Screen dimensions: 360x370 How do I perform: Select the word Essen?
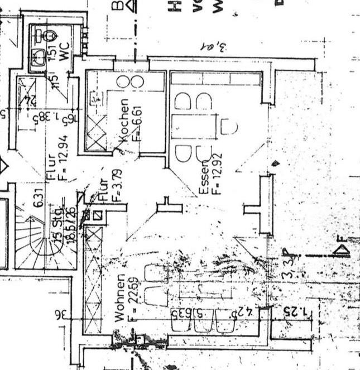pyautogui.click(x=204, y=177)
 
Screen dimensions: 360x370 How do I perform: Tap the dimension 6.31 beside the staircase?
pyautogui.click(x=40, y=198)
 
